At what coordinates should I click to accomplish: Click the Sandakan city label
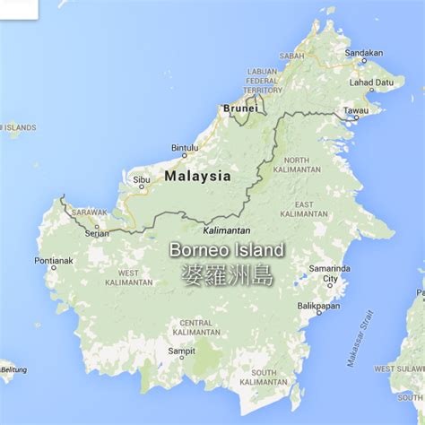click(364, 53)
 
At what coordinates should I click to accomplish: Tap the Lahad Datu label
click(371, 82)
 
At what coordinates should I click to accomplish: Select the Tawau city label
click(355, 111)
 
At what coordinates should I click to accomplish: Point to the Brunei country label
click(240, 108)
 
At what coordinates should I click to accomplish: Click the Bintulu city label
click(185, 148)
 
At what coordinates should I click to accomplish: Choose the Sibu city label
click(142, 180)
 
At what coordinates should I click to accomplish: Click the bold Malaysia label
click(197, 177)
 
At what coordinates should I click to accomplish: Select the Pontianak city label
click(53, 260)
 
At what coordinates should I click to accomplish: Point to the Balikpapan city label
click(318, 306)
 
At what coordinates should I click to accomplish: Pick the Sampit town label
click(182, 351)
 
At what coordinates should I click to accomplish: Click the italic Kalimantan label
click(227, 230)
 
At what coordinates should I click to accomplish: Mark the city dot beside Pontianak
click(53, 267)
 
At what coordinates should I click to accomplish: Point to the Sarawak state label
click(90, 212)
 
